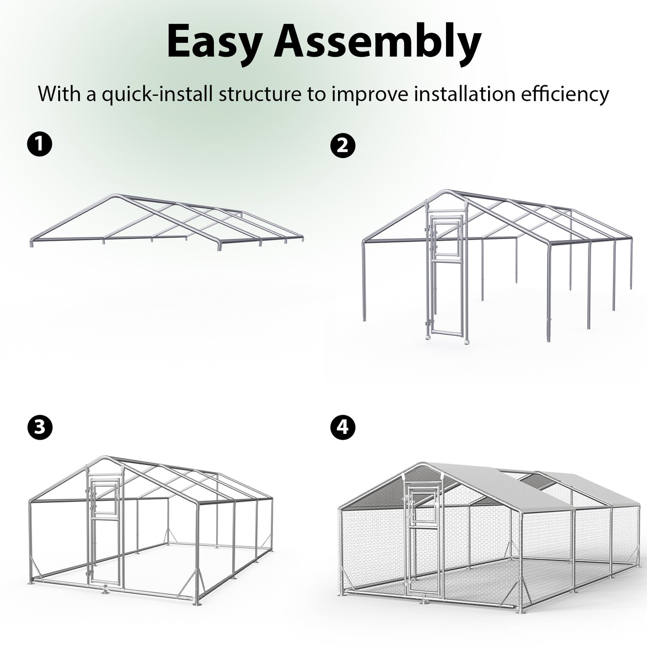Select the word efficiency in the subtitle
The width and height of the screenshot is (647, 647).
(x=565, y=94)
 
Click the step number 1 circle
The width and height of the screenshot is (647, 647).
(x=40, y=144)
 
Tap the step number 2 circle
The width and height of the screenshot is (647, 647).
(x=343, y=146)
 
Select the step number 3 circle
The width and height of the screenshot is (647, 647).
(x=40, y=428)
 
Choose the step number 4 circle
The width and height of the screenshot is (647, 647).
(x=343, y=428)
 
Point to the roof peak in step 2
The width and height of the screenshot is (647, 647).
(x=448, y=193)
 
